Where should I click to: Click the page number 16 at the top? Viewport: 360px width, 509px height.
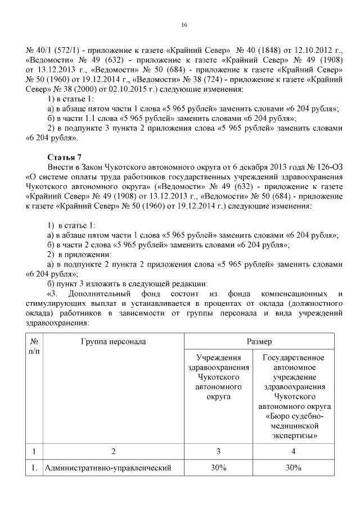coord(183,25)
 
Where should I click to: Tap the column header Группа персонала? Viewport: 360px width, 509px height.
coord(113,341)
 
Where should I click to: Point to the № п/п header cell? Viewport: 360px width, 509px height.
coord(34,346)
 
